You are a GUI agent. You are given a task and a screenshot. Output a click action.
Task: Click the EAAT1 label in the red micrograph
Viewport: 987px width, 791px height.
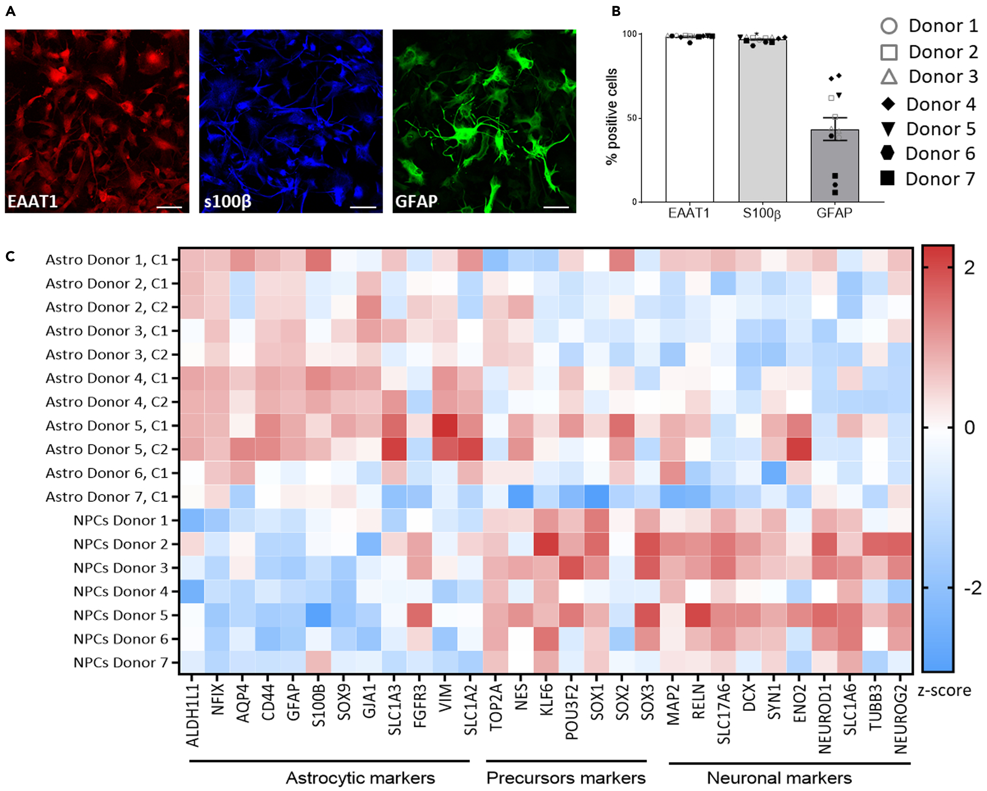click(32, 201)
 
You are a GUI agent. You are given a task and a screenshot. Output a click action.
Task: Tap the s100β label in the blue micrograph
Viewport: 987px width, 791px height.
click(227, 201)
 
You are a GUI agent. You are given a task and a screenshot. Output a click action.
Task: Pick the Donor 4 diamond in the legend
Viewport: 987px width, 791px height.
click(888, 105)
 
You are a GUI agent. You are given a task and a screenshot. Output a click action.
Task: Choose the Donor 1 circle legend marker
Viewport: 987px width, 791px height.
click(889, 26)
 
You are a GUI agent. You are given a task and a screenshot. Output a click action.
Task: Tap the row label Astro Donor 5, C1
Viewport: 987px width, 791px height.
click(107, 426)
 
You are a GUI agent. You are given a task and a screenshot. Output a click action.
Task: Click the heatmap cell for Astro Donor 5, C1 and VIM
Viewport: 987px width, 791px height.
click(445, 426)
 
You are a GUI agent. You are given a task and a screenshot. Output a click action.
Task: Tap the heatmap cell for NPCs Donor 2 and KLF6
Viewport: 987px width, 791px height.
click(546, 544)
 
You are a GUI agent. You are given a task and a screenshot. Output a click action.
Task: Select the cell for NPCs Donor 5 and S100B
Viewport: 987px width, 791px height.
click(318, 615)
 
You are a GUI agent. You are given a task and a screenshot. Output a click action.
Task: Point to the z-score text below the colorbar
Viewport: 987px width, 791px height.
click(944, 690)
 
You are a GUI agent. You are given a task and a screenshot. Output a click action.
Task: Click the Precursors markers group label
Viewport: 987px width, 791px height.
click(566, 778)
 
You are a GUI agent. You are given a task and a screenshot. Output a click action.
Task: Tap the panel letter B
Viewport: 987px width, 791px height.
click(616, 11)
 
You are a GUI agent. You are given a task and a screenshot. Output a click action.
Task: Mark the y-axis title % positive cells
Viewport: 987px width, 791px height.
click(612, 117)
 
